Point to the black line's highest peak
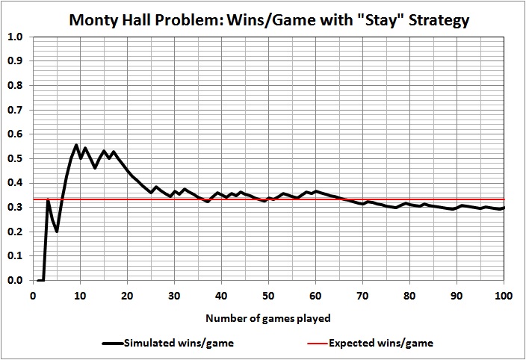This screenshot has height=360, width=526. click(76, 145)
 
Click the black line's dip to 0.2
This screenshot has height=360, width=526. click(57, 232)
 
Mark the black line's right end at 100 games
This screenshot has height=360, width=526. click(504, 208)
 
